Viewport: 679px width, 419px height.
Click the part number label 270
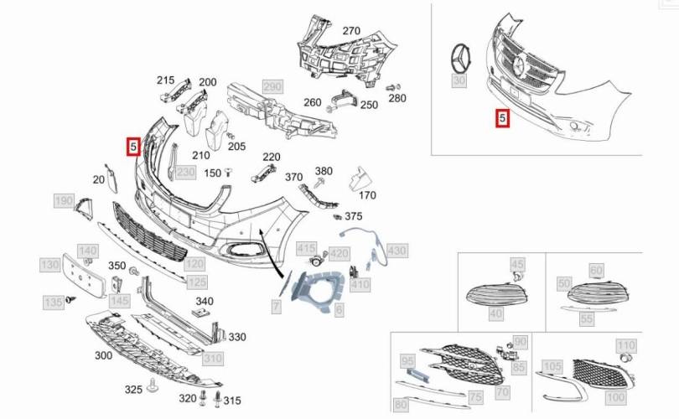click(350, 31)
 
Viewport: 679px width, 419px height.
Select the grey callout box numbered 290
click(272, 86)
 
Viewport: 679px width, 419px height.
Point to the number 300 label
click(103, 355)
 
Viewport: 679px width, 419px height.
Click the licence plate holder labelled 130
click(84, 274)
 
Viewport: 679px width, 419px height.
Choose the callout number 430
click(397, 251)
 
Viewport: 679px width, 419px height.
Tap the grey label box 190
click(64, 201)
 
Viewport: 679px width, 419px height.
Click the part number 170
click(367, 196)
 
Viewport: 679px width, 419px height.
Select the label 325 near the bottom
click(133, 390)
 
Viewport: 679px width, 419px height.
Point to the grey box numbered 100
click(615, 396)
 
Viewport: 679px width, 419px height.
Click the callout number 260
click(312, 103)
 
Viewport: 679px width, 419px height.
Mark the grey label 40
click(495, 313)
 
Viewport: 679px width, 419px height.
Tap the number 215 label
click(165, 80)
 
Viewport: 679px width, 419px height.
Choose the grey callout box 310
click(213, 359)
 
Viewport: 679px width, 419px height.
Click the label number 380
click(324, 171)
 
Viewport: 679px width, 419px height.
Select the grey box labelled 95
click(407, 362)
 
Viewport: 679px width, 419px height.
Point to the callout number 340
click(204, 301)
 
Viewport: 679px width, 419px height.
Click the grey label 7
click(276, 307)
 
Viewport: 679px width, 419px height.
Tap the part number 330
click(237, 337)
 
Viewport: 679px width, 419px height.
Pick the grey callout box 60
click(596, 270)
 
